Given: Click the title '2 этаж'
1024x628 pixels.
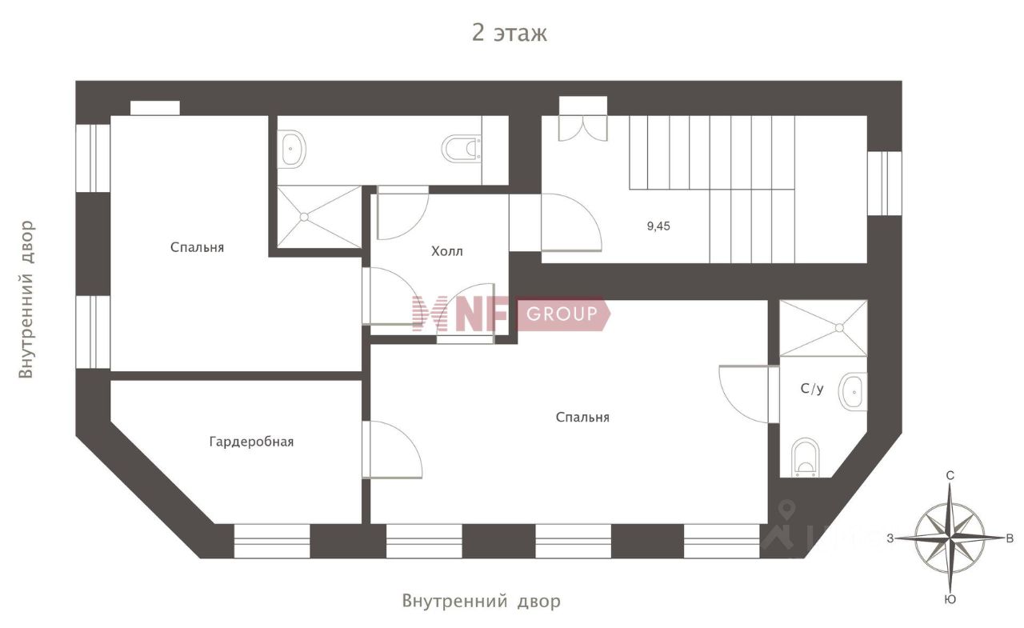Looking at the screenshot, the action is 510,33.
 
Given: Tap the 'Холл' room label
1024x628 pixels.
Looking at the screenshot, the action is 447,251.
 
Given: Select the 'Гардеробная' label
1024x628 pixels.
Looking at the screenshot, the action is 251,442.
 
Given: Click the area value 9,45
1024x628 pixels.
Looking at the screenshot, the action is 658,226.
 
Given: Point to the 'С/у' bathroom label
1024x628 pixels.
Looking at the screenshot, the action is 812,389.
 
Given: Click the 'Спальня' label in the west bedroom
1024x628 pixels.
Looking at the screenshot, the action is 197,247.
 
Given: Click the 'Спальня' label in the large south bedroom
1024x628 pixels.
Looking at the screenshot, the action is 582,417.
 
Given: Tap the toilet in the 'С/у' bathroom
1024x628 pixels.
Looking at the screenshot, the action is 805,457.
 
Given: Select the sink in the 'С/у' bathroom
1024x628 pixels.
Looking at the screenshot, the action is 853,392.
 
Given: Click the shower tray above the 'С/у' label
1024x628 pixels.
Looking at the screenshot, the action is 823,328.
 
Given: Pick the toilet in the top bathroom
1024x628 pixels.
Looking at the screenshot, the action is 462,148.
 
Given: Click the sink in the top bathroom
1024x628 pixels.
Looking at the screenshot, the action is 292,149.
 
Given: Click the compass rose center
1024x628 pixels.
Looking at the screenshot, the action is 950,538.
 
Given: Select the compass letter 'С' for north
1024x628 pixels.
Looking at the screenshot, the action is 950,476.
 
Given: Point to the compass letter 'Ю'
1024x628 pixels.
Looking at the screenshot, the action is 950,599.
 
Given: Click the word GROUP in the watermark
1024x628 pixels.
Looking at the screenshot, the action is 562,314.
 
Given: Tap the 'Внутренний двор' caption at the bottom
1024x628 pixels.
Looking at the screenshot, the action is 481,601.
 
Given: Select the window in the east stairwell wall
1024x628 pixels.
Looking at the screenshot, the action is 885,183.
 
